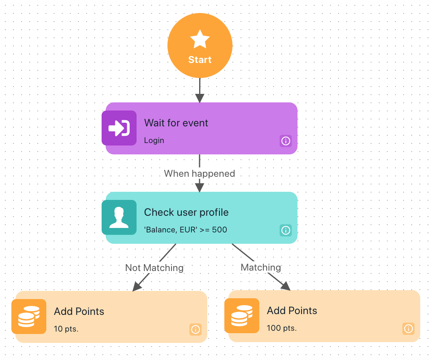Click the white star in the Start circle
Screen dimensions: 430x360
tap(200, 39)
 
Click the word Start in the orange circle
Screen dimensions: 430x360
tap(200, 60)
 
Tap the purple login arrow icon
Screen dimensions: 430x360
tap(119, 128)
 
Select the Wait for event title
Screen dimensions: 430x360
tap(176, 123)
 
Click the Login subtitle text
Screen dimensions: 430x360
tap(154, 140)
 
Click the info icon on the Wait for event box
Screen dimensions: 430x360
tap(286, 141)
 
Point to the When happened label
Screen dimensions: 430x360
tap(200, 173)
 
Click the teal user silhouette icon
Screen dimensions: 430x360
tap(119, 217)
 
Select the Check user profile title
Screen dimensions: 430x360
tap(186, 212)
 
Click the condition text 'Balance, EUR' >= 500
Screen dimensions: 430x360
tap(186, 230)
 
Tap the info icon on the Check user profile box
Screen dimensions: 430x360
tap(286, 230)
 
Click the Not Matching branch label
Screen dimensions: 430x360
tap(154, 268)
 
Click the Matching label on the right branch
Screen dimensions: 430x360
tap(261, 267)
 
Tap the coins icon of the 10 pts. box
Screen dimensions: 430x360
tap(29, 317)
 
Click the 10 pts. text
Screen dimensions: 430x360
tap(66, 329)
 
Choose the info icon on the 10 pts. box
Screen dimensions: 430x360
tap(195, 329)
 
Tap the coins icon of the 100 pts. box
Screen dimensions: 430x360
tap(242, 316)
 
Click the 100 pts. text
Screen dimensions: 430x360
tap(282, 328)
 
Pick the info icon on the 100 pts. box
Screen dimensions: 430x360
tap(408, 328)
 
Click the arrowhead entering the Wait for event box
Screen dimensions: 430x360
tap(200, 98)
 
